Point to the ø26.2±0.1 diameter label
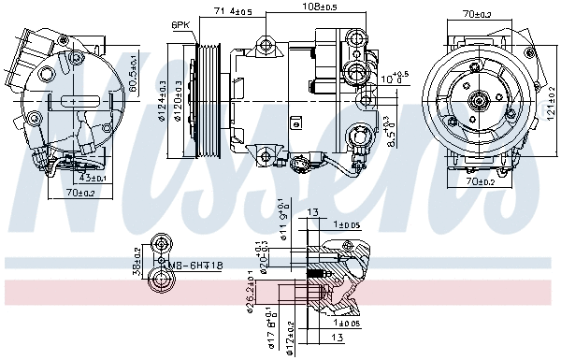coord(250,292)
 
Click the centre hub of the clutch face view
coord(478,101)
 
